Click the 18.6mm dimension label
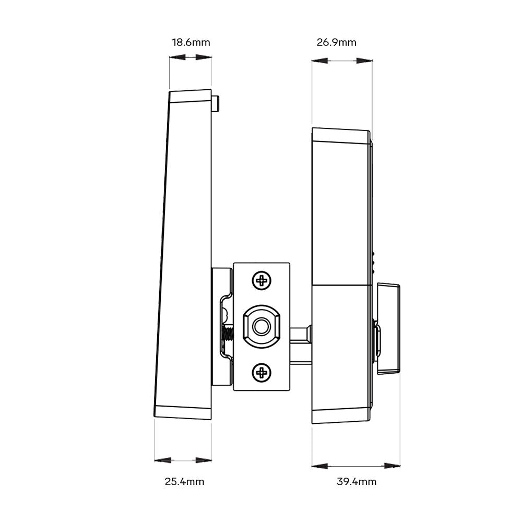[191, 42]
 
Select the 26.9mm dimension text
[336, 42]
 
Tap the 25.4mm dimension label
[184, 481]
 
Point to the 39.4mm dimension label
[356, 481]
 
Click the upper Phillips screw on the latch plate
[261, 281]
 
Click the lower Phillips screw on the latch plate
[261, 372]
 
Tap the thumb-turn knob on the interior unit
[387, 328]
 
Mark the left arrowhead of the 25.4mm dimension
[163, 460]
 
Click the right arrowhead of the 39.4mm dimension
[392, 465]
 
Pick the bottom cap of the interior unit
[341, 416]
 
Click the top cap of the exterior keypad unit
[191, 97]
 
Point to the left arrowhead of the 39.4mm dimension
[320, 465]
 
